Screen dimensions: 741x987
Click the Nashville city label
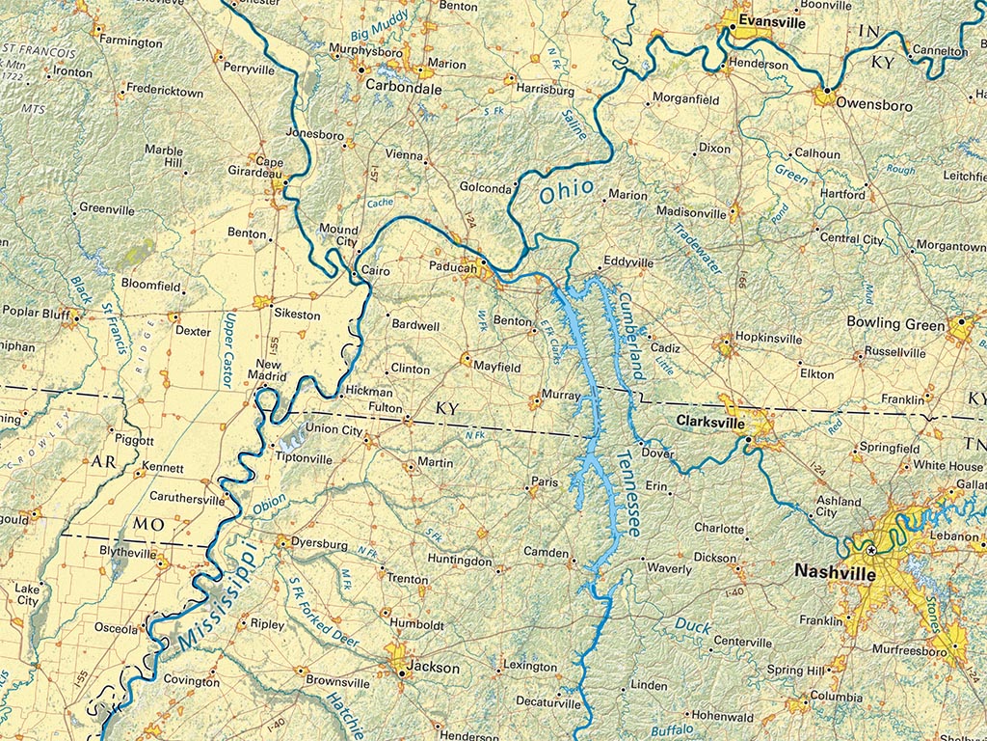click(x=835, y=571)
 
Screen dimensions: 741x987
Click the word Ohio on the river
click(x=568, y=188)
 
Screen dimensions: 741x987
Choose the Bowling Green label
click(x=895, y=323)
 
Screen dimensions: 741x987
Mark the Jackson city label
click(x=433, y=667)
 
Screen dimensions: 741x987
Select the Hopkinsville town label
click(x=768, y=339)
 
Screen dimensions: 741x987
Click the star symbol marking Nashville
click(x=871, y=550)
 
